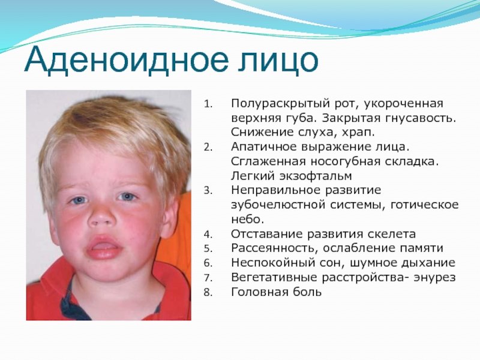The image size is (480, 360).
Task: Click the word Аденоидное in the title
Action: (127, 61)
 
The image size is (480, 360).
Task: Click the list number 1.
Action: (208, 104)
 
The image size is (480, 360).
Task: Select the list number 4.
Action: (208, 235)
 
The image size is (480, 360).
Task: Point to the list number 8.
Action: (208, 293)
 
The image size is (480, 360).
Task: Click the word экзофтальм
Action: (315, 176)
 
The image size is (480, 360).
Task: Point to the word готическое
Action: (424, 205)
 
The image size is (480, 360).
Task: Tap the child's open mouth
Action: (103, 247)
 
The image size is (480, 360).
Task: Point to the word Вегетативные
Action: (274, 278)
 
